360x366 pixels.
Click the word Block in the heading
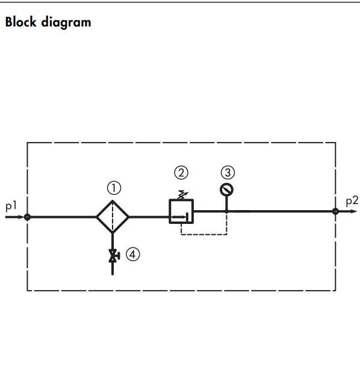[21, 22]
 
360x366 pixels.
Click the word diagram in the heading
[66, 23]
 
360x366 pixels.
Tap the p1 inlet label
[11, 206]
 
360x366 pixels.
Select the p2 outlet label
[352, 201]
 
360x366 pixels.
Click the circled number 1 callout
[114, 188]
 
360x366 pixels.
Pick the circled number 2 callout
[181, 173]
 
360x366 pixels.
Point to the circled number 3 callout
[228, 173]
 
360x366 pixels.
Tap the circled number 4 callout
[133, 254]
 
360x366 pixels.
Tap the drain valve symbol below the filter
[113, 256]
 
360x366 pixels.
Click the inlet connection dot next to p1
[27, 217]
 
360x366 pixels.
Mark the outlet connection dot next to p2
[335, 211]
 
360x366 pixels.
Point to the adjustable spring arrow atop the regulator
[183, 195]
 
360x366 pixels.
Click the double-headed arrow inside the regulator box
[179, 217]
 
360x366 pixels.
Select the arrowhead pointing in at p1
[20, 217]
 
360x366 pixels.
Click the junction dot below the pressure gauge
[226, 211]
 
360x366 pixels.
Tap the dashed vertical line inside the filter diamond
[113, 217]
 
